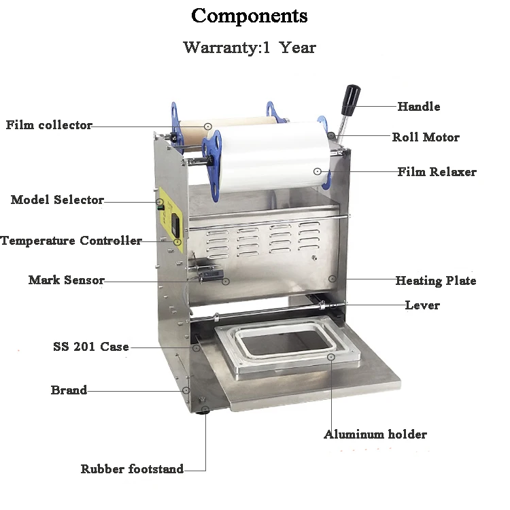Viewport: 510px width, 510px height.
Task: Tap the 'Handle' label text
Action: [419, 106]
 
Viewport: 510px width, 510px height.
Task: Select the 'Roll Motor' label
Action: [426, 137]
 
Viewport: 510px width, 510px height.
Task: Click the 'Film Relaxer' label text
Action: [437, 172]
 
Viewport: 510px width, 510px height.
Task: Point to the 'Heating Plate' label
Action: [435, 280]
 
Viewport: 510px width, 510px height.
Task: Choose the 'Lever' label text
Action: [422, 305]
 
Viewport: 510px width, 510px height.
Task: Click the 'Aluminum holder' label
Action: [375, 435]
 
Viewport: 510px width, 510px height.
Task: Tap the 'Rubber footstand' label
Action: [132, 469]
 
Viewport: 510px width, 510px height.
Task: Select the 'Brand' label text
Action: [69, 390]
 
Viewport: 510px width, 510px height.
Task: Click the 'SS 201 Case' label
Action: [91, 346]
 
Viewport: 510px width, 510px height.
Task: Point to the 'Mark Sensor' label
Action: [67, 279]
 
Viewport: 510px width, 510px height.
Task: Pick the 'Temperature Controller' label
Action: [71, 240]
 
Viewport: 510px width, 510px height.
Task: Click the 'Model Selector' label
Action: [57, 200]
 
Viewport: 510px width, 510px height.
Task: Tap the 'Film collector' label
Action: [49, 125]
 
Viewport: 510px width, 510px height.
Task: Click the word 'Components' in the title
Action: [250, 16]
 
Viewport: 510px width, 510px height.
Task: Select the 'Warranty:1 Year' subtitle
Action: [250, 48]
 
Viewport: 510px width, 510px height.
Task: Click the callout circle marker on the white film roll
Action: [318, 171]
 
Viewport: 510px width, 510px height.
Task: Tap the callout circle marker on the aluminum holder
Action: [331, 357]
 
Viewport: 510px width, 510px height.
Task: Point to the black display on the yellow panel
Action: [175, 225]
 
